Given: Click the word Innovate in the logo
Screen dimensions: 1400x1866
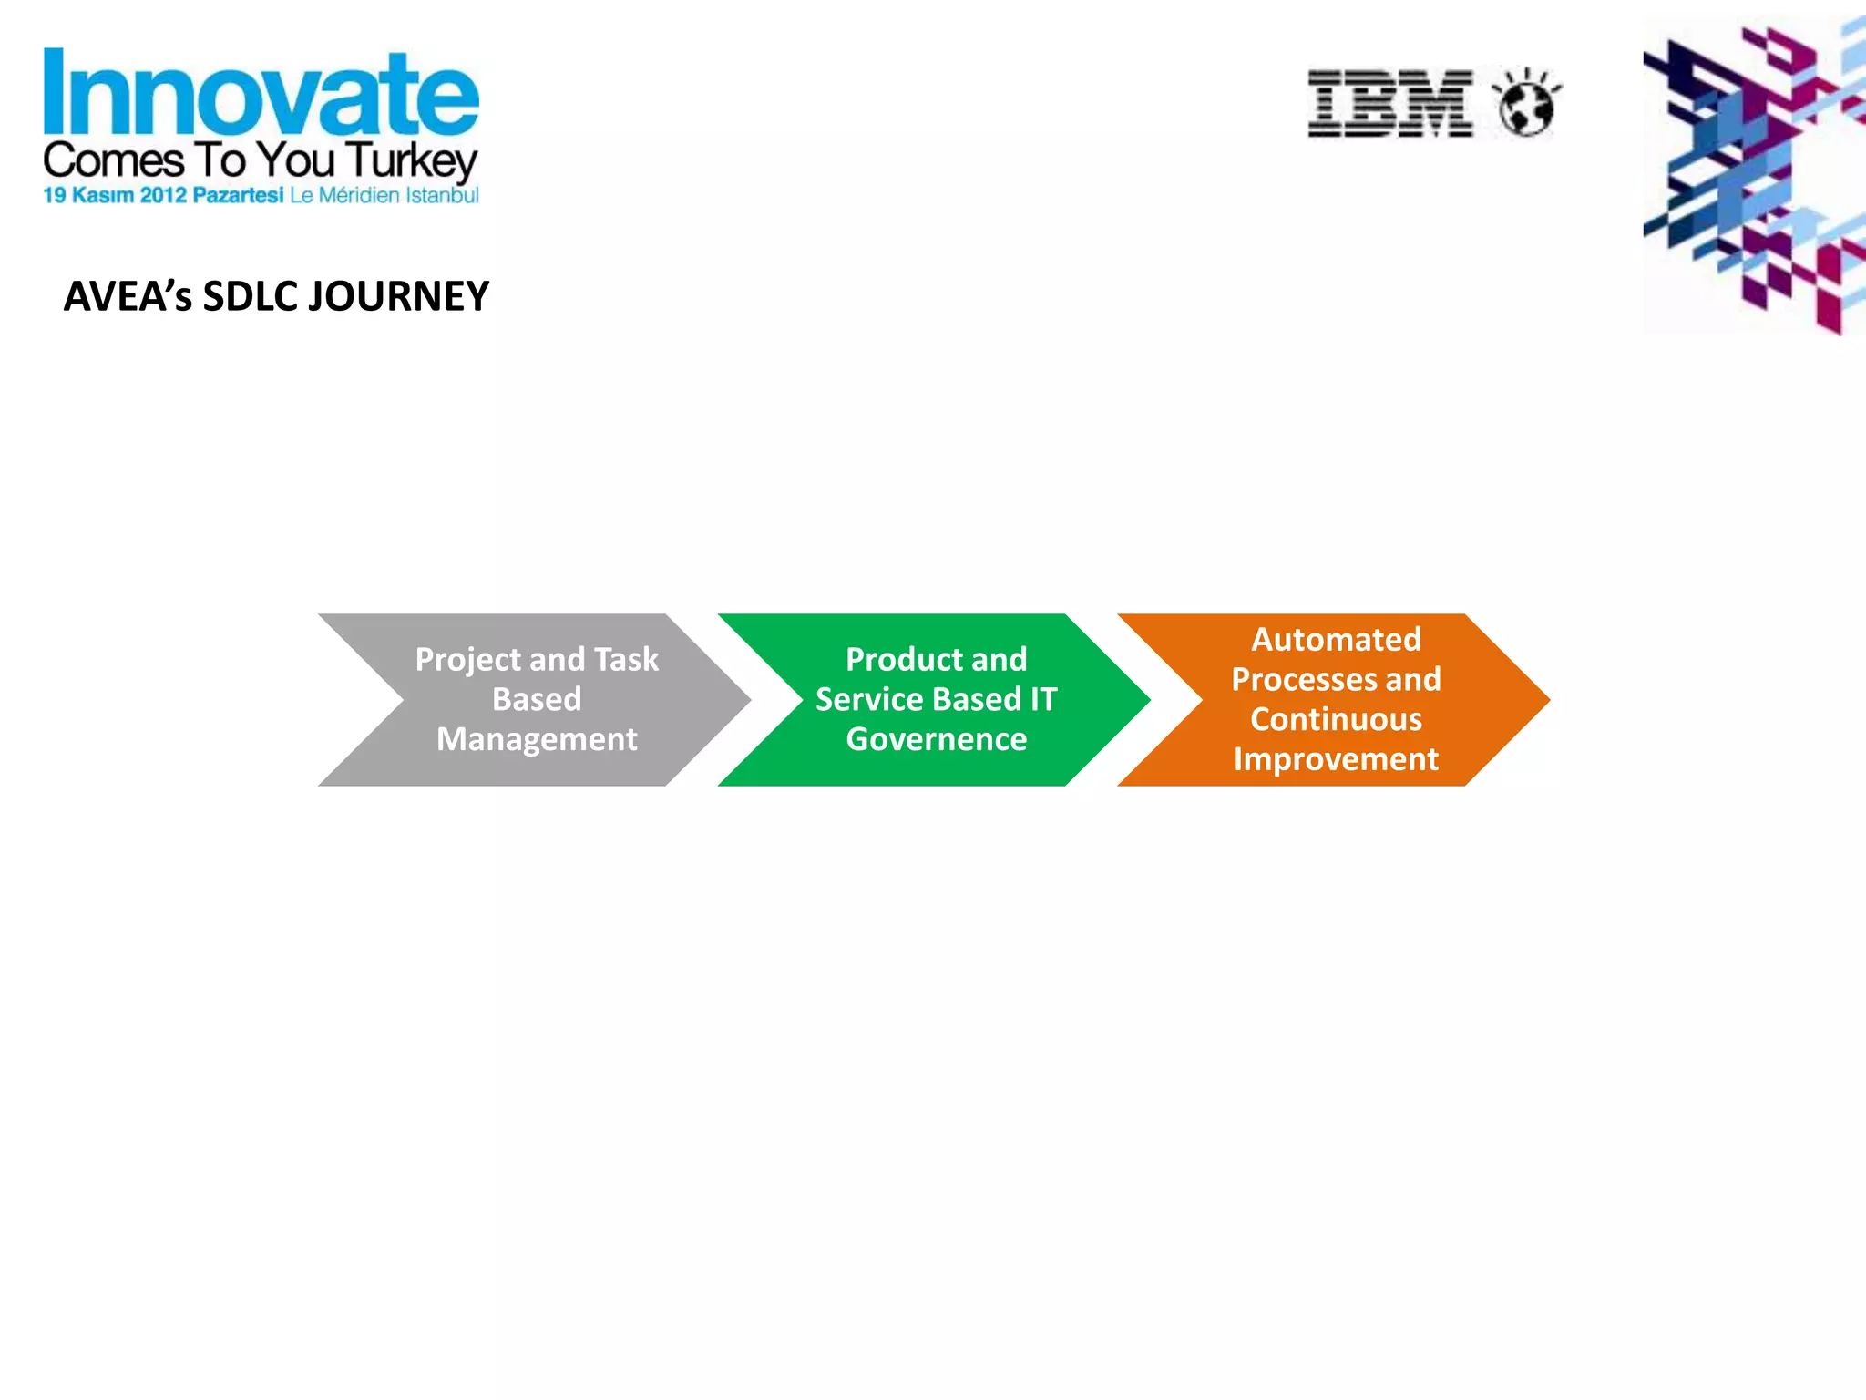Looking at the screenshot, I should pyautogui.click(x=261, y=93).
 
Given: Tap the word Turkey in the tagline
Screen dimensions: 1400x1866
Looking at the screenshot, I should pyautogui.click(x=412, y=161).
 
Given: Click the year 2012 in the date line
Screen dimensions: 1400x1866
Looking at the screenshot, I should pyautogui.click(x=163, y=195).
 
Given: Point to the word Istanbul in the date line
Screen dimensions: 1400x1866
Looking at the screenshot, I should pyautogui.click(x=442, y=195).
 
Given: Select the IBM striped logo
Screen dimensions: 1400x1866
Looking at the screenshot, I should pyautogui.click(x=1390, y=103).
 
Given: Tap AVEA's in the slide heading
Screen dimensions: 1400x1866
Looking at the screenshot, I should pyautogui.click(x=128, y=297).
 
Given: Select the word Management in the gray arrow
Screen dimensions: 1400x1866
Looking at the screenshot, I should pyautogui.click(x=537, y=739).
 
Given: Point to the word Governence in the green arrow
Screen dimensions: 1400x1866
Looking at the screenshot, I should pyautogui.click(x=936, y=739).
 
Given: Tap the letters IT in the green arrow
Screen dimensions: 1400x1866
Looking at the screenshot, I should pyautogui.click(x=1043, y=699).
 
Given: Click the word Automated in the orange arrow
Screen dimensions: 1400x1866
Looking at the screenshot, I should pyautogui.click(x=1336, y=639).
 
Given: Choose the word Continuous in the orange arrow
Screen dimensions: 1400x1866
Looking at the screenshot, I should pyautogui.click(x=1336, y=719).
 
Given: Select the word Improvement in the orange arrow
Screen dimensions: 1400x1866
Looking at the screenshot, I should pyautogui.click(x=1336, y=759).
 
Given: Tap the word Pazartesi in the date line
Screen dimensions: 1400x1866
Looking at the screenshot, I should pyautogui.click(x=238, y=195).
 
